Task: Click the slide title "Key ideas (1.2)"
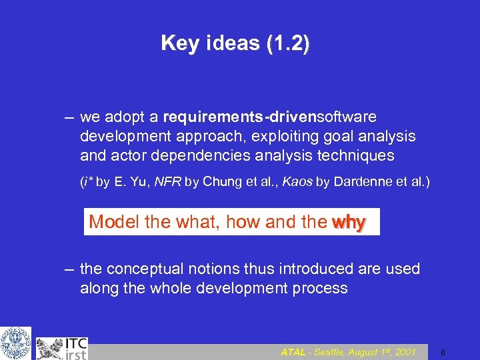[x=235, y=44]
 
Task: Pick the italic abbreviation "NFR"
[x=167, y=182]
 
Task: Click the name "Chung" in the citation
[x=220, y=182]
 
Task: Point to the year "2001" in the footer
[x=404, y=352]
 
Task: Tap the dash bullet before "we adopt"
[x=69, y=118]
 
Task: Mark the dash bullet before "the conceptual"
[x=69, y=269]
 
